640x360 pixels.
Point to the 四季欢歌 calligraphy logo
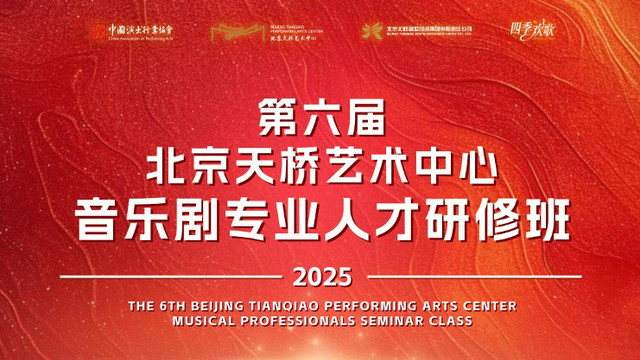point(532,31)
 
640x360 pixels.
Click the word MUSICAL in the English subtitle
point(200,322)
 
